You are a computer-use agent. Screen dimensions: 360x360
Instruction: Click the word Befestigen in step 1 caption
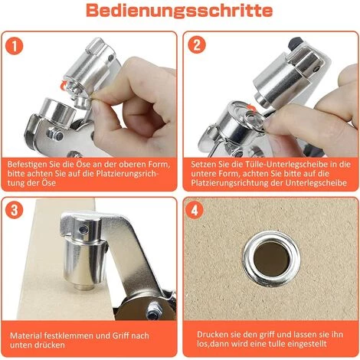(28, 163)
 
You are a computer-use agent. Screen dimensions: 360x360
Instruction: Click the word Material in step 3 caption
(25, 334)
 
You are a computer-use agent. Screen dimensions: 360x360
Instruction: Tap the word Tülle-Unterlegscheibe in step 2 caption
(277, 163)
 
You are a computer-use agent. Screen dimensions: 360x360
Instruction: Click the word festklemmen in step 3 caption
(71, 334)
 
